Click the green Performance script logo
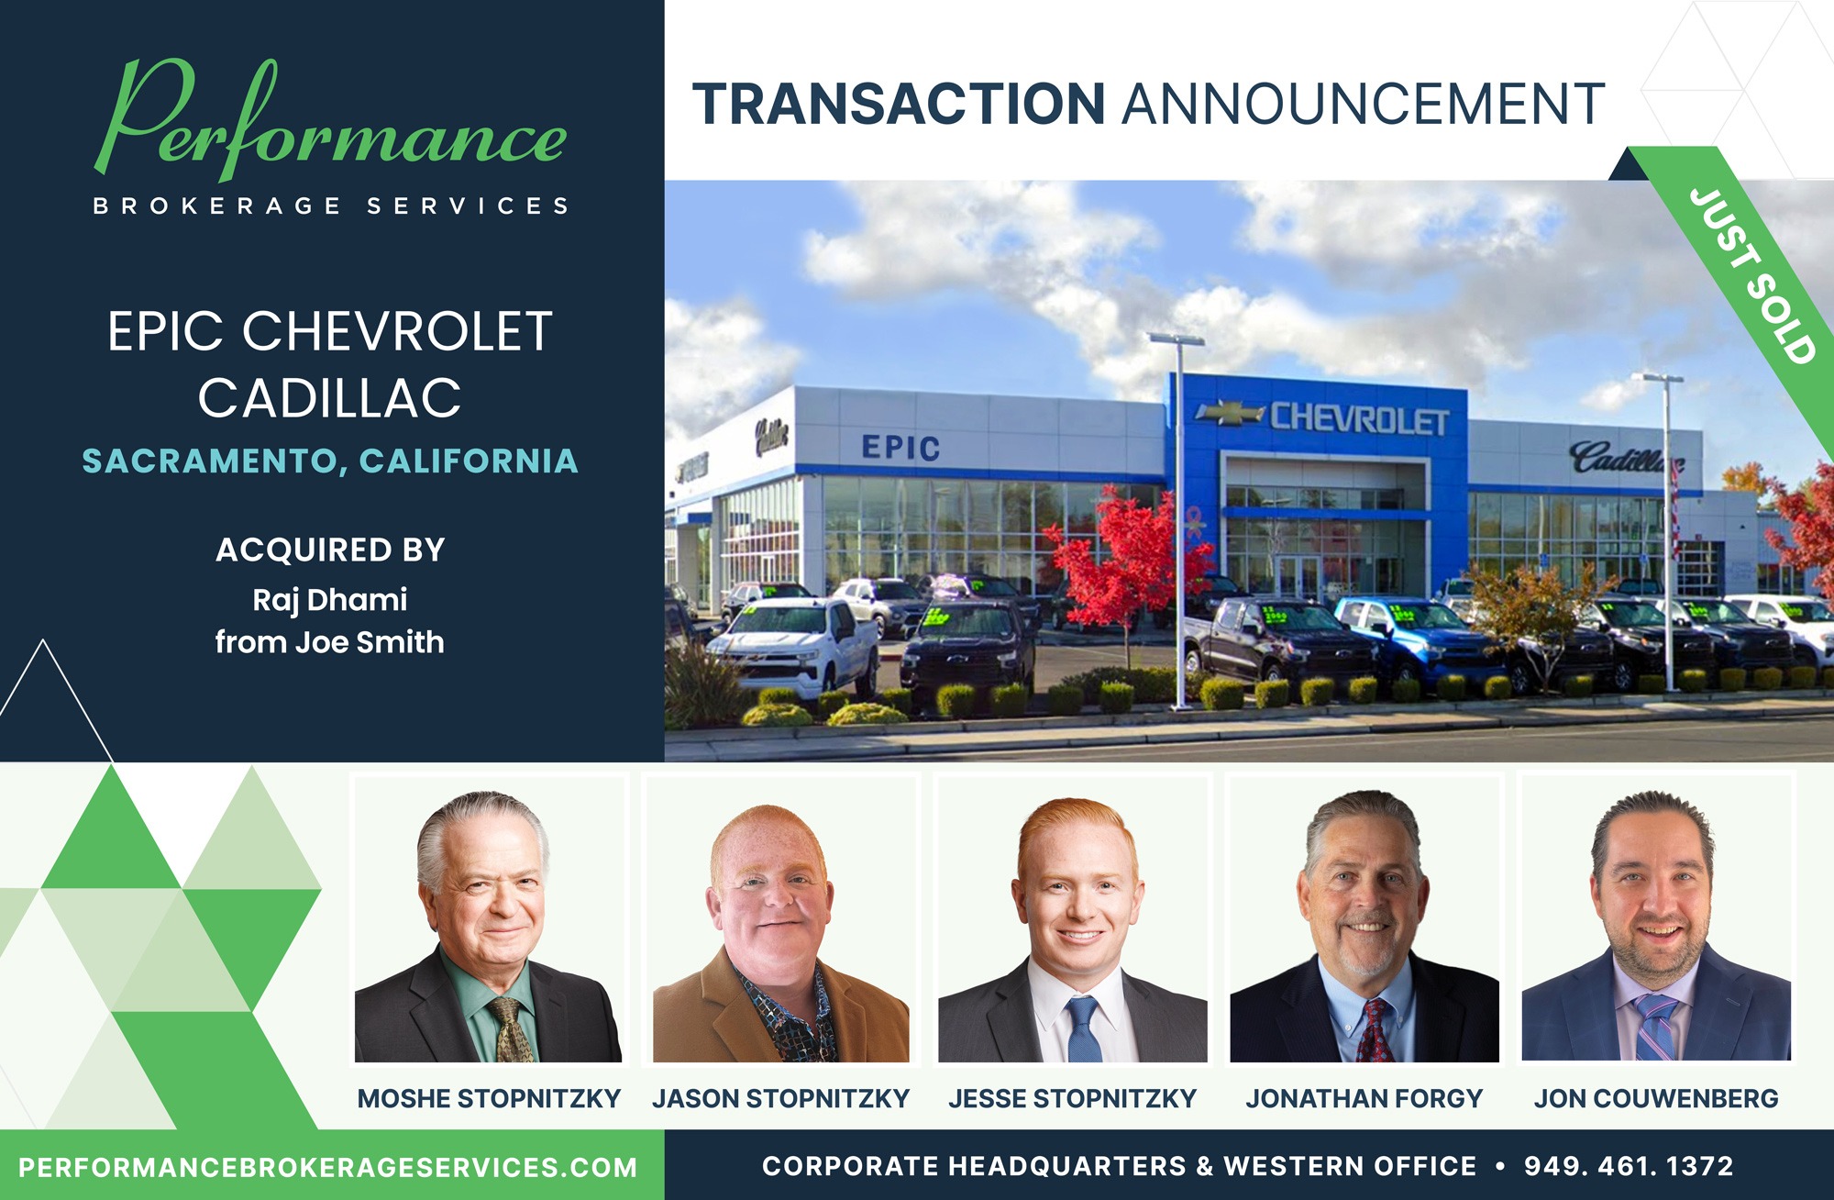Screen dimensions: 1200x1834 330,124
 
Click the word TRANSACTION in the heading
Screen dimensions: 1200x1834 899,104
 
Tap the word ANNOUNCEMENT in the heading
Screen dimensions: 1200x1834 1364,104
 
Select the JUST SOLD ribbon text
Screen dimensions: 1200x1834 1752,275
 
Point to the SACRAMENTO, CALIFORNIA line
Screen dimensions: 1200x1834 330,461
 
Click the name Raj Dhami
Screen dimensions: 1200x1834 330,600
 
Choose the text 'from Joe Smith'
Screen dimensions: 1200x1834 330,642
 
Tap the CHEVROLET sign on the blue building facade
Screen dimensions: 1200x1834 1359,418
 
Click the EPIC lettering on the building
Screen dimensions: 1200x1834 900,448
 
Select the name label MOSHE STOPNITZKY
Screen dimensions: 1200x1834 489,1098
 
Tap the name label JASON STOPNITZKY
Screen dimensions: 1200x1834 780,1098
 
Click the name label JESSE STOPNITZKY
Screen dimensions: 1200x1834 1072,1098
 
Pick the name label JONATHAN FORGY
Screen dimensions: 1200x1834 1364,1098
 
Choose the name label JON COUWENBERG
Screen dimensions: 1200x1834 1656,1098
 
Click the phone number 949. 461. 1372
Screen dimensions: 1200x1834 1629,1166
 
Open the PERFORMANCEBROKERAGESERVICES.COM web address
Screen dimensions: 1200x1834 328,1168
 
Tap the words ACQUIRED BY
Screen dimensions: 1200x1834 330,550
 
